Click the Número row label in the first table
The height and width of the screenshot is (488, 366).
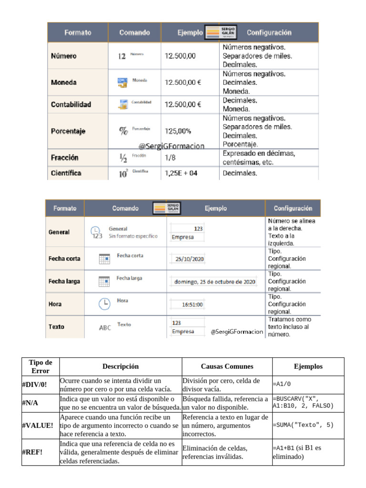(63, 56)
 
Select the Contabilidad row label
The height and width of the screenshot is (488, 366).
(71, 104)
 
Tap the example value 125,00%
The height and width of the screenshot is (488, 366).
(178, 131)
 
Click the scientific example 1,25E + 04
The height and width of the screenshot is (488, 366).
(181, 173)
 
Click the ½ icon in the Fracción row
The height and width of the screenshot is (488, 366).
(123, 157)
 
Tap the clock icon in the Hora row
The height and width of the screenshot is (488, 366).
(104, 304)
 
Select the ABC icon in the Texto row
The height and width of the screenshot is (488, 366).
(105, 327)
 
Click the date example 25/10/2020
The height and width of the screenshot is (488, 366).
(189, 259)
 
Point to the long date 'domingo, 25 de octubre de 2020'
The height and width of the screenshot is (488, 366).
(214, 282)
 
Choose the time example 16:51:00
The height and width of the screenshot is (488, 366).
(193, 304)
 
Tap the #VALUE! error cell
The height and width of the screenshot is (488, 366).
(37, 425)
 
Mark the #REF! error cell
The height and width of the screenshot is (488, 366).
(32, 452)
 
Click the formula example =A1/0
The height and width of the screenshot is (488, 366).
(282, 383)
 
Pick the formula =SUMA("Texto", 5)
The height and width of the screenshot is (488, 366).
(303, 425)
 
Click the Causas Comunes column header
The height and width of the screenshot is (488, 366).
(227, 366)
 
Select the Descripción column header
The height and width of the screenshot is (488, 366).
(121, 366)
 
